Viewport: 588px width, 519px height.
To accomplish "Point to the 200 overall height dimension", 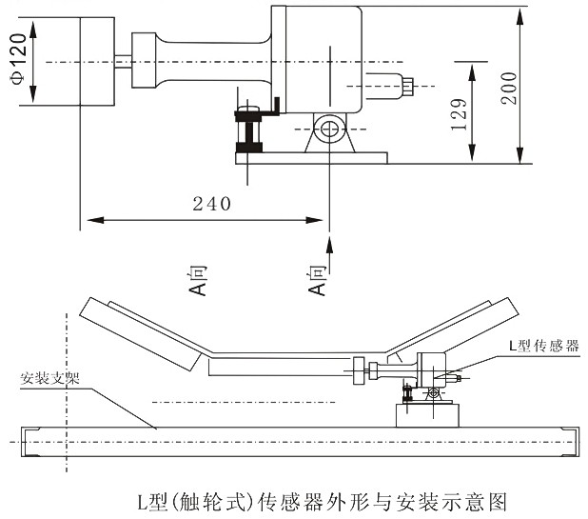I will click(508, 89).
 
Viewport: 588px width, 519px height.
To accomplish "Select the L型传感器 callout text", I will click(544, 343).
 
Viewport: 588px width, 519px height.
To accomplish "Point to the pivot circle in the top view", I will click(329, 128).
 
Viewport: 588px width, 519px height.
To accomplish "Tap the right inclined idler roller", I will click(457, 331).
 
